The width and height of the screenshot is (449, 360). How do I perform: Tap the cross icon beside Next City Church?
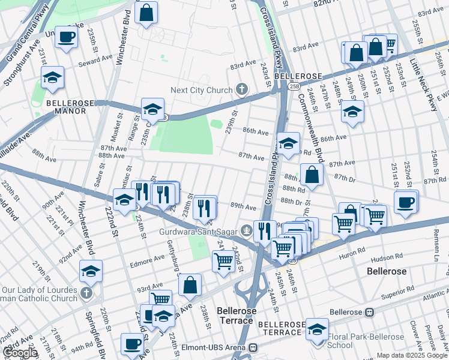[x=241, y=90]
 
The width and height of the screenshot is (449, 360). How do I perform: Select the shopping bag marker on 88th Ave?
[x=312, y=175]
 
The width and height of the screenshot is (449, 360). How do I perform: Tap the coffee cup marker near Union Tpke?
[x=67, y=37]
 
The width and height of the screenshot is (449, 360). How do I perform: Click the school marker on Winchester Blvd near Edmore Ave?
[x=91, y=271]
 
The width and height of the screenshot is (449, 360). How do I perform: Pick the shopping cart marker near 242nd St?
[x=223, y=261]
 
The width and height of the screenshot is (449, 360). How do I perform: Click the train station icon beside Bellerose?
[x=370, y=312]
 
